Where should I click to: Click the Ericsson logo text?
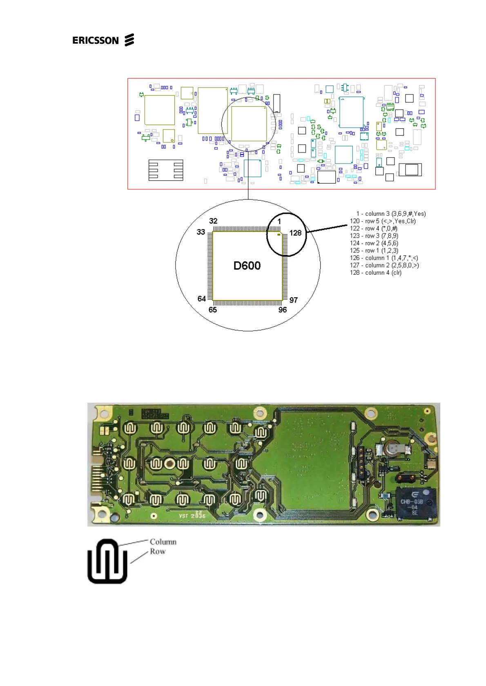[x=95, y=40]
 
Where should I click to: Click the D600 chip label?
[x=247, y=266]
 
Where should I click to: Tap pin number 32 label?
[x=213, y=221]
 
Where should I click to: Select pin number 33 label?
[x=201, y=232]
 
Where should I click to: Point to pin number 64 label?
[x=201, y=299]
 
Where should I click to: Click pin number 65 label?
[x=212, y=310]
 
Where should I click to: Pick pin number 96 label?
[x=282, y=310]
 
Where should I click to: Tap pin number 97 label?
[x=293, y=300]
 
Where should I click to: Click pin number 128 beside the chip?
[x=295, y=233]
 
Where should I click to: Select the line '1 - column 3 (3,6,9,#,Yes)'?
[x=390, y=214]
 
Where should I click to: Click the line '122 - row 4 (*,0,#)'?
[x=373, y=229]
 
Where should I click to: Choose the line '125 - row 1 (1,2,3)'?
[x=374, y=251]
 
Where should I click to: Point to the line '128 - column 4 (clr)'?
[x=375, y=273]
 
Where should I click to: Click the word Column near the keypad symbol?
[x=163, y=542]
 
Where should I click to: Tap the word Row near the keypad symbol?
[x=158, y=551]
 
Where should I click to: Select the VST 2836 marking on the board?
[x=192, y=515]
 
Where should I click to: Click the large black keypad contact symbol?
[x=107, y=561]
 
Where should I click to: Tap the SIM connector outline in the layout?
[x=165, y=170]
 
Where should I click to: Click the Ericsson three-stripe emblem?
[x=129, y=40]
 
